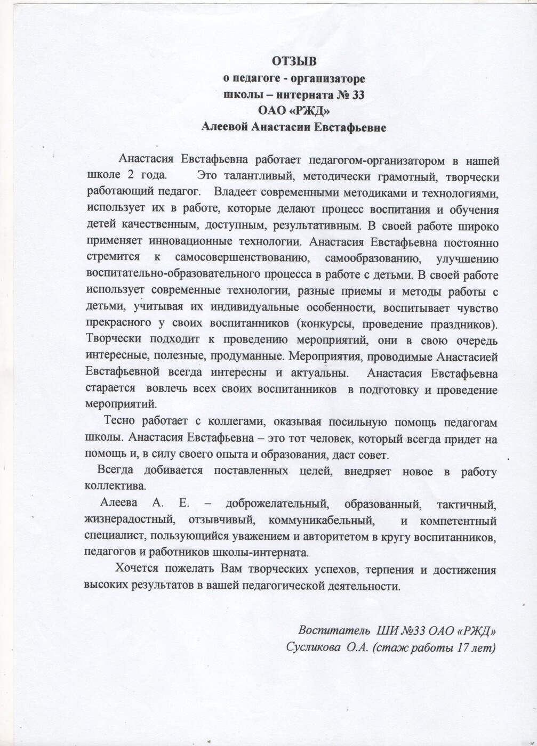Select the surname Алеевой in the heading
point(225,127)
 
